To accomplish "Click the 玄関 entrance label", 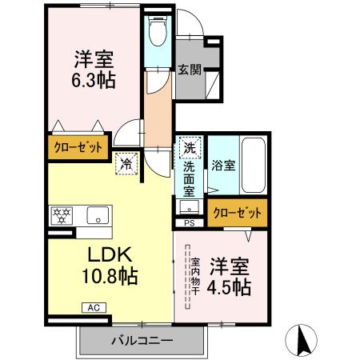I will [190, 70].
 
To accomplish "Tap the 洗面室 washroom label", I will [189, 180].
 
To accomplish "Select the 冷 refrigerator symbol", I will [126, 162].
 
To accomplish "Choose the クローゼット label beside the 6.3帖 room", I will [78, 147].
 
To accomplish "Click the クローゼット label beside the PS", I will [238, 212].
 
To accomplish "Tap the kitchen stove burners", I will [61, 214].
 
